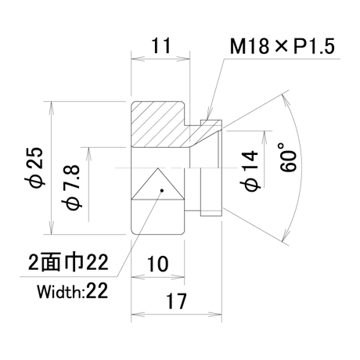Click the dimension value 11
point(161,45)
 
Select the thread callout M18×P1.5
point(283,46)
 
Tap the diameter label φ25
point(37,167)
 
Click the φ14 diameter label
point(250,171)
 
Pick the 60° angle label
point(289,157)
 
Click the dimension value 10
point(158,264)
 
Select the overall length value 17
point(176,301)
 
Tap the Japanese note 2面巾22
point(68,262)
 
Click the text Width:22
point(72,291)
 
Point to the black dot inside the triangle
point(162,190)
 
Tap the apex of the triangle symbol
point(158,168)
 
